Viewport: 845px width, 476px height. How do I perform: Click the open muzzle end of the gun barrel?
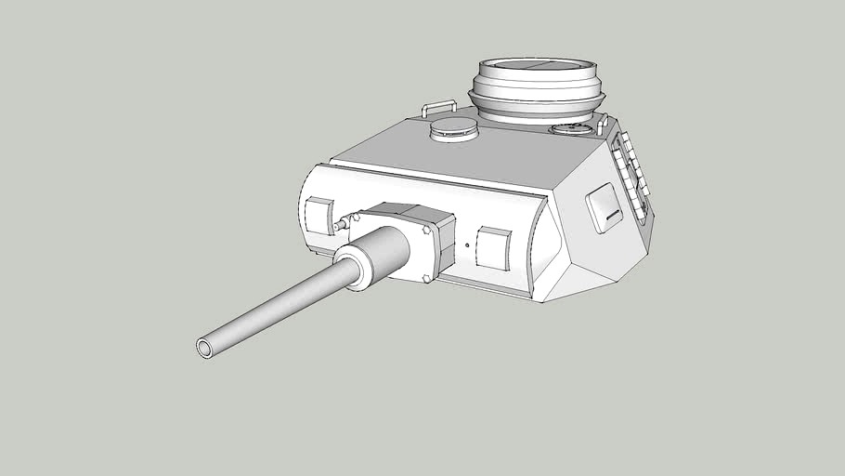coord(204,348)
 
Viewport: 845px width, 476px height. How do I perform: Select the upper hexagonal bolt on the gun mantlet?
coord(426,228)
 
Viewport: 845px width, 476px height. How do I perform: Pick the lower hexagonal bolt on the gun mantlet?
coord(426,277)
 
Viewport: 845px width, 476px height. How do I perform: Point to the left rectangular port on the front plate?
coord(318,216)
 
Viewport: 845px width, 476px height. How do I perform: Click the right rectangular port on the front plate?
coord(492,249)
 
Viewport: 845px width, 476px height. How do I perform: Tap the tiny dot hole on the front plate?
coord(466,246)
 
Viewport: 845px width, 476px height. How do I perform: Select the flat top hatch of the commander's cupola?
coord(538,70)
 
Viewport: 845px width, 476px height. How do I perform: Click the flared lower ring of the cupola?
coord(538,102)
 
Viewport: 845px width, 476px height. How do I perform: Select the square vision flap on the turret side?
coord(604,207)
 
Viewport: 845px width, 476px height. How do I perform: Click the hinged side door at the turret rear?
coord(631,177)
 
